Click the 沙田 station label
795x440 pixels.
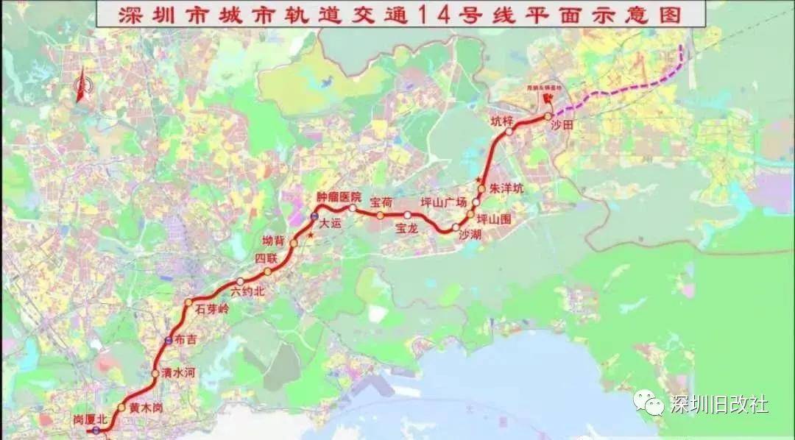point(562,126)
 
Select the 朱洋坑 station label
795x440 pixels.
point(507,188)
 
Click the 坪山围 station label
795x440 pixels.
point(493,219)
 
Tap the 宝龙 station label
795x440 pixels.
point(406,229)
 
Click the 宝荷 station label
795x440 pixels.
point(381,201)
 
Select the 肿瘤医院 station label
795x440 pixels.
point(339,197)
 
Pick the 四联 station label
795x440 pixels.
point(266,258)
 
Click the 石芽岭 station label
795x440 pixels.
point(213,310)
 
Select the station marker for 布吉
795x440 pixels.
point(169,341)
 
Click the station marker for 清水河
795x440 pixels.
point(155,374)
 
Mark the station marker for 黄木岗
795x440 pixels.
point(121,408)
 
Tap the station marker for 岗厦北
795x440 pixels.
point(96,430)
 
